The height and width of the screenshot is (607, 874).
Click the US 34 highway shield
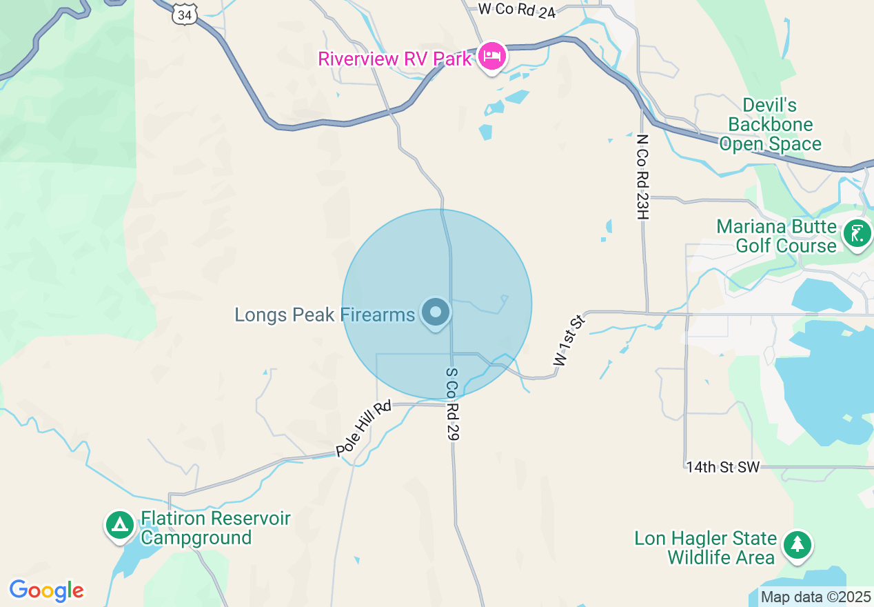pos(185,13)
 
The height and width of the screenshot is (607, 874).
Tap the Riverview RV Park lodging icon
pos(491,55)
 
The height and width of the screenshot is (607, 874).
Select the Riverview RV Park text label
pos(394,59)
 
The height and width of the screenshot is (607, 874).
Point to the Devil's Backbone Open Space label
pos(770,125)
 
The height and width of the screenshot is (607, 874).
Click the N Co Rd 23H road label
pos(643,177)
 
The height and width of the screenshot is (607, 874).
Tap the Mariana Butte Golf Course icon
pos(857,235)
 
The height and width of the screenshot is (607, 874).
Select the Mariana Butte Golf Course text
pos(776,236)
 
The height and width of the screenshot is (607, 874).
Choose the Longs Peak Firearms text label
pos(325,315)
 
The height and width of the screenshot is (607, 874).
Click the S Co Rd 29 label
pos(452,404)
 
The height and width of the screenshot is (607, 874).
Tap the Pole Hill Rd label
pos(363,428)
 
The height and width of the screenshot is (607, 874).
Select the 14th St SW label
pos(722,467)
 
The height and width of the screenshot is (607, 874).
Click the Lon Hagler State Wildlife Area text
pos(705,548)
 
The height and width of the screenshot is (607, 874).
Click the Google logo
pos(46,590)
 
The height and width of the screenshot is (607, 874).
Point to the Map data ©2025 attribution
pos(815,597)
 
